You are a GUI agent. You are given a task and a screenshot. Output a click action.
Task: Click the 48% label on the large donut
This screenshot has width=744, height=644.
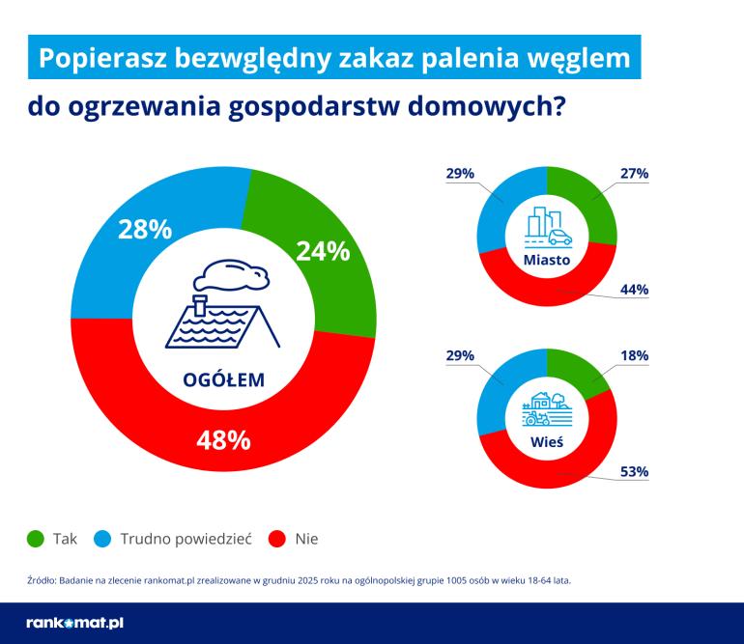point(223,440)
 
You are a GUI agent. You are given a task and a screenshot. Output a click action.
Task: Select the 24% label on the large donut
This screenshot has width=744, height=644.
point(322,252)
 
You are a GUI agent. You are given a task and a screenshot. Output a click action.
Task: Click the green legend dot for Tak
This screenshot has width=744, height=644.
point(36,539)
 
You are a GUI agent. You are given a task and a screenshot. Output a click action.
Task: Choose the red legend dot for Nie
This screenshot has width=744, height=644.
point(276,539)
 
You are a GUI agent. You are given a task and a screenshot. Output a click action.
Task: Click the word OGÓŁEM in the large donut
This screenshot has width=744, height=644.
point(223,380)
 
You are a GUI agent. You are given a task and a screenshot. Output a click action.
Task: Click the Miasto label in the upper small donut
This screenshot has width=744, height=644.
point(547,261)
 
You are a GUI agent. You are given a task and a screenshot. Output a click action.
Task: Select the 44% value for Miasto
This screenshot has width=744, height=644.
point(635,290)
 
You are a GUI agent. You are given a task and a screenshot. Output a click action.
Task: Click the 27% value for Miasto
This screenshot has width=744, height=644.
point(635,174)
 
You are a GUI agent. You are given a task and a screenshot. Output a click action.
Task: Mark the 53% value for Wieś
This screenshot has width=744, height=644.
point(635,472)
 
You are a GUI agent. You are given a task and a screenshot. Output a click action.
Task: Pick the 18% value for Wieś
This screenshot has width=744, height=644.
point(635,356)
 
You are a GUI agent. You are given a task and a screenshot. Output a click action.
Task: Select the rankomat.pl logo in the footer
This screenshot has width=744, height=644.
point(74,623)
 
